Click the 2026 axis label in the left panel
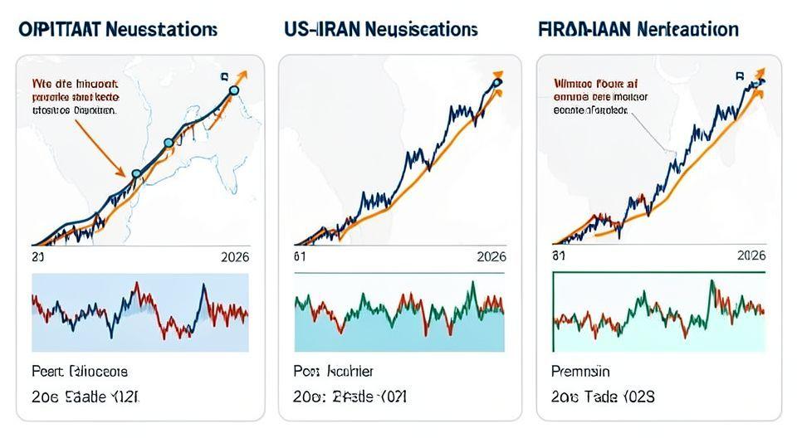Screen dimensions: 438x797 click(234, 257)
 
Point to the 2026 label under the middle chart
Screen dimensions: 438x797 click(491, 257)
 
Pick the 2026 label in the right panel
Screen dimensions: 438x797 click(750, 257)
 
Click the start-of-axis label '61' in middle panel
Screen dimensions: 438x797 click(301, 257)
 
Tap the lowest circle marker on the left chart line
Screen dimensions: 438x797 click(138, 173)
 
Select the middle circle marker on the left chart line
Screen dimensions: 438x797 click(169, 143)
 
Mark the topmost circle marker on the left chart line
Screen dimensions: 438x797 click(233, 90)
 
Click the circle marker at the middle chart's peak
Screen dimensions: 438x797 click(497, 82)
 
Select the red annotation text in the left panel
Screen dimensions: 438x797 click(76, 96)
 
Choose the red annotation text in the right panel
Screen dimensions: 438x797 click(596, 95)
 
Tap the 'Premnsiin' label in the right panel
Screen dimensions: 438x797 click(580, 371)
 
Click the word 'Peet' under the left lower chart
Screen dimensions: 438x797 click(47, 371)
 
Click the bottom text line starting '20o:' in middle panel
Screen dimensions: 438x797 click(350, 397)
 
